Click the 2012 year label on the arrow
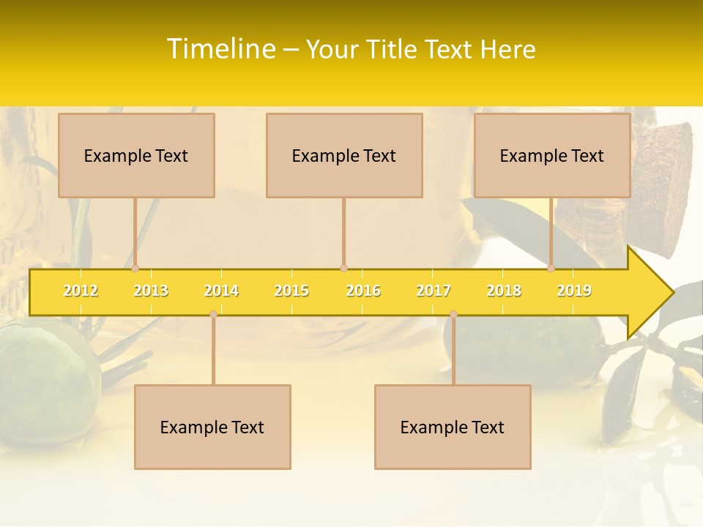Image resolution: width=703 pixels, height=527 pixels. click(x=81, y=291)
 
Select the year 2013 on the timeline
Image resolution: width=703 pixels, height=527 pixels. click(x=151, y=291)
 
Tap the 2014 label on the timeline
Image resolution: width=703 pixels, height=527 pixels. click(x=221, y=291)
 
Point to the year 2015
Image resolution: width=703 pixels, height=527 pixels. click(x=291, y=291)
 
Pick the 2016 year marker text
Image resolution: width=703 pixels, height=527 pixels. click(x=363, y=291)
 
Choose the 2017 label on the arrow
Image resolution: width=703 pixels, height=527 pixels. click(x=434, y=291)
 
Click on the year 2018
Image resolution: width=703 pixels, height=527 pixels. click(x=504, y=291)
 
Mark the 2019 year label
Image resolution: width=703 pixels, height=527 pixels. click(x=574, y=291)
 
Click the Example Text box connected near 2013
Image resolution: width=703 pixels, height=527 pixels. click(x=136, y=155)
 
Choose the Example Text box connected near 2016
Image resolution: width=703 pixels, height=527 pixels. click(x=344, y=155)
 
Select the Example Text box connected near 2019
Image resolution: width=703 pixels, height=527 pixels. click(x=552, y=155)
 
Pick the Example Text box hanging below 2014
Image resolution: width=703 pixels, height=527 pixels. click(x=212, y=427)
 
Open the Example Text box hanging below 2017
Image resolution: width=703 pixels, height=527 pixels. click(x=453, y=427)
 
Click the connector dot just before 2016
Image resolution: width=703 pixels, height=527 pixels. click(x=343, y=268)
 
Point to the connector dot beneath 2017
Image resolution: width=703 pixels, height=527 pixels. click(x=453, y=315)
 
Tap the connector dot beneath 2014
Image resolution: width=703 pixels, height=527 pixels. click(x=213, y=315)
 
